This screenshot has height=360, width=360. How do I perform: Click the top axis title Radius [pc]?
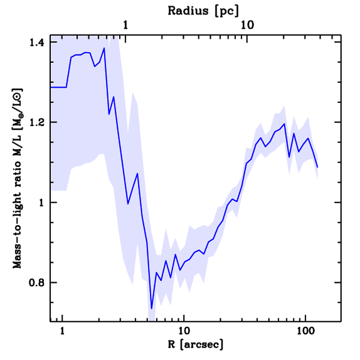click(x=203, y=11)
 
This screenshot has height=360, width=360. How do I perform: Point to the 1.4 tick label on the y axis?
click(x=38, y=43)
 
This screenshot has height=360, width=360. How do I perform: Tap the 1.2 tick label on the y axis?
click(x=38, y=123)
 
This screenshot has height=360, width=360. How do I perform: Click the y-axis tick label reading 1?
click(x=43, y=203)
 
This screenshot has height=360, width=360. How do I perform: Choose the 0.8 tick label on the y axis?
click(x=38, y=283)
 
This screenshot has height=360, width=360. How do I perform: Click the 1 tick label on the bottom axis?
click(x=63, y=331)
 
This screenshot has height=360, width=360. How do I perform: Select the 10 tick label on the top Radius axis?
click(x=247, y=25)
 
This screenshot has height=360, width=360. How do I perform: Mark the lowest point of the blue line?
click(x=152, y=309)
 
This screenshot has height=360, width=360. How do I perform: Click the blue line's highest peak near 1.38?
click(x=104, y=48)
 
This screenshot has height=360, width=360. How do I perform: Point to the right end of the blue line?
click(x=317, y=167)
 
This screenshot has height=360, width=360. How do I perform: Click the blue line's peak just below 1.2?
click(x=284, y=124)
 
